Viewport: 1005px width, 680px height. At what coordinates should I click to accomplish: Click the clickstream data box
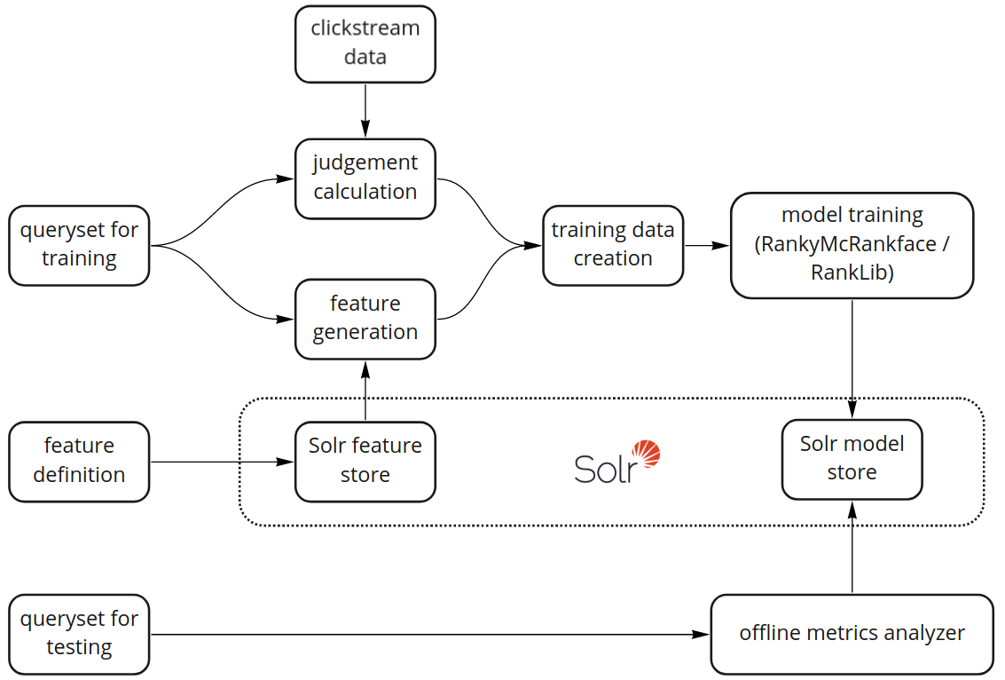365,43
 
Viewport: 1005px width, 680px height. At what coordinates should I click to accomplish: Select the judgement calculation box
365,178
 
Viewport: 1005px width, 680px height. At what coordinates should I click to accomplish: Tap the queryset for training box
79,245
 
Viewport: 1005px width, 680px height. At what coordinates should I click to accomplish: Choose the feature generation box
365,318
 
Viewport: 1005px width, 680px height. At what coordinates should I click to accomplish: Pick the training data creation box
613,245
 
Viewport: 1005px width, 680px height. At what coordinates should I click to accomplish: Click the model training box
852,245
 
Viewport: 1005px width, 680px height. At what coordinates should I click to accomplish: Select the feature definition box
79,461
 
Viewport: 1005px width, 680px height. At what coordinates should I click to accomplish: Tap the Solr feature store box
365,461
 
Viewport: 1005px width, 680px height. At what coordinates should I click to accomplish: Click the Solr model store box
852,459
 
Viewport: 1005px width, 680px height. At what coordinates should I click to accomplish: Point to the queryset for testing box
79,634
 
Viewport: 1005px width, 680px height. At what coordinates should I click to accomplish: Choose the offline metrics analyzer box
852,634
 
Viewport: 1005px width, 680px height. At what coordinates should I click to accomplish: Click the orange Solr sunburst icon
645,454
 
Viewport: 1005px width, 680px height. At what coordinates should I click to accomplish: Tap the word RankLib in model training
852,273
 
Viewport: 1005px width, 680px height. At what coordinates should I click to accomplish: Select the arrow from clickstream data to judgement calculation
365,110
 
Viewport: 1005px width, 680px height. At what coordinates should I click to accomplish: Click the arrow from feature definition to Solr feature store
222,462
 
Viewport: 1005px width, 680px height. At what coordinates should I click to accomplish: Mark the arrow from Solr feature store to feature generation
365,391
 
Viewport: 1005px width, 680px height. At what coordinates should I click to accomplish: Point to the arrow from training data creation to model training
707,245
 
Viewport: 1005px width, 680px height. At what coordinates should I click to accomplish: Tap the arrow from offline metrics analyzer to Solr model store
852,547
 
